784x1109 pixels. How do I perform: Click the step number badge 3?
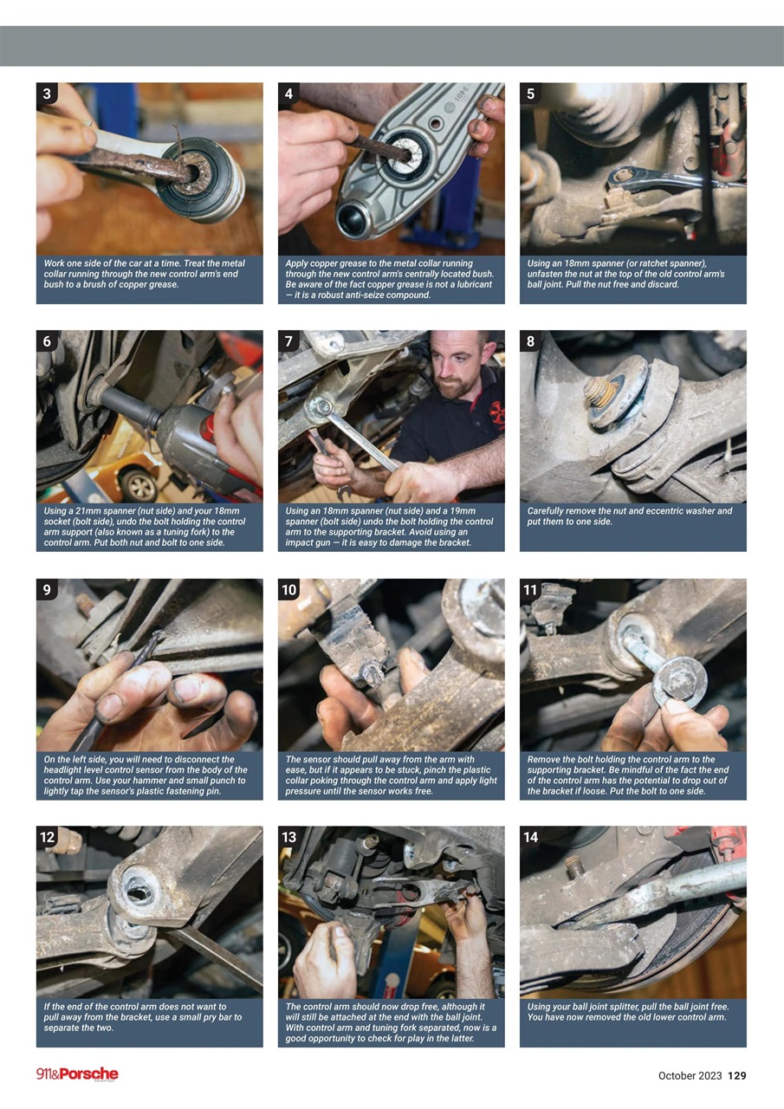pyautogui.click(x=47, y=94)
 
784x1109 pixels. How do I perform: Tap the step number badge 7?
pyautogui.click(x=288, y=341)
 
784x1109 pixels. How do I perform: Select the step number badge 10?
pyautogui.click(x=289, y=590)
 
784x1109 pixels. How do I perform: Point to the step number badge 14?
pyautogui.click(x=531, y=837)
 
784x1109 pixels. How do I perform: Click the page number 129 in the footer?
pyautogui.click(x=736, y=1075)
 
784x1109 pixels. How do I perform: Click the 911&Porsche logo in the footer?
pyautogui.click(x=77, y=1074)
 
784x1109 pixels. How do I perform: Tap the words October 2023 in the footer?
pyautogui.click(x=690, y=1075)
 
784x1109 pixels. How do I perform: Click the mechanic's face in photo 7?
pyautogui.click(x=456, y=370)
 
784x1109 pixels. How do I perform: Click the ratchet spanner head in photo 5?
pyautogui.click(x=621, y=178)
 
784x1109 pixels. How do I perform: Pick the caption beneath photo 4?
pyautogui.click(x=391, y=279)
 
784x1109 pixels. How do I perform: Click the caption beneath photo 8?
pyautogui.click(x=632, y=516)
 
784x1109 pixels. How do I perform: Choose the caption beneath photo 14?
pyautogui.click(x=632, y=1012)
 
